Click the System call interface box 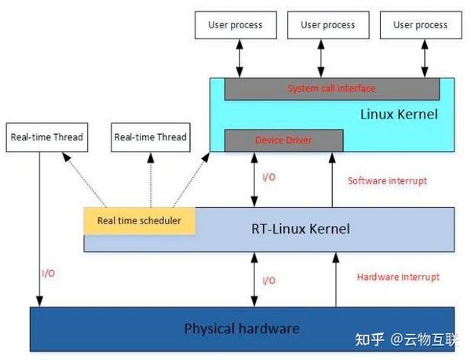pyautogui.click(x=331, y=89)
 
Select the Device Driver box pyautogui.click(x=283, y=140)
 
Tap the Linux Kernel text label pyautogui.click(x=399, y=115)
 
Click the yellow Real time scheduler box pyautogui.click(x=139, y=220)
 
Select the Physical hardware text pyautogui.click(x=242, y=328)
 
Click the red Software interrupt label pyautogui.click(x=387, y=180)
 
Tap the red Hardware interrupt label pyautogui.click(x=398, y=277)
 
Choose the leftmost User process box pyautogui.click(x=235, y=25)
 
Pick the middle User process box pyautogui.click(x=327, y=25)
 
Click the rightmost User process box pyautogui.click(x=420, y=25)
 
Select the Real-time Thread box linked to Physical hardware pyautogui.click(x=46, y=137)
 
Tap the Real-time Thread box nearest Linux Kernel pyautogui.click(x=150, y=137)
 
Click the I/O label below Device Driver pyautogui.click(x=268, y=177)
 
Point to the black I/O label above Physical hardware pyautogui.click(x=268, y=280)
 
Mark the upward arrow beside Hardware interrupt pyautogui.click(x=335, y=279)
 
